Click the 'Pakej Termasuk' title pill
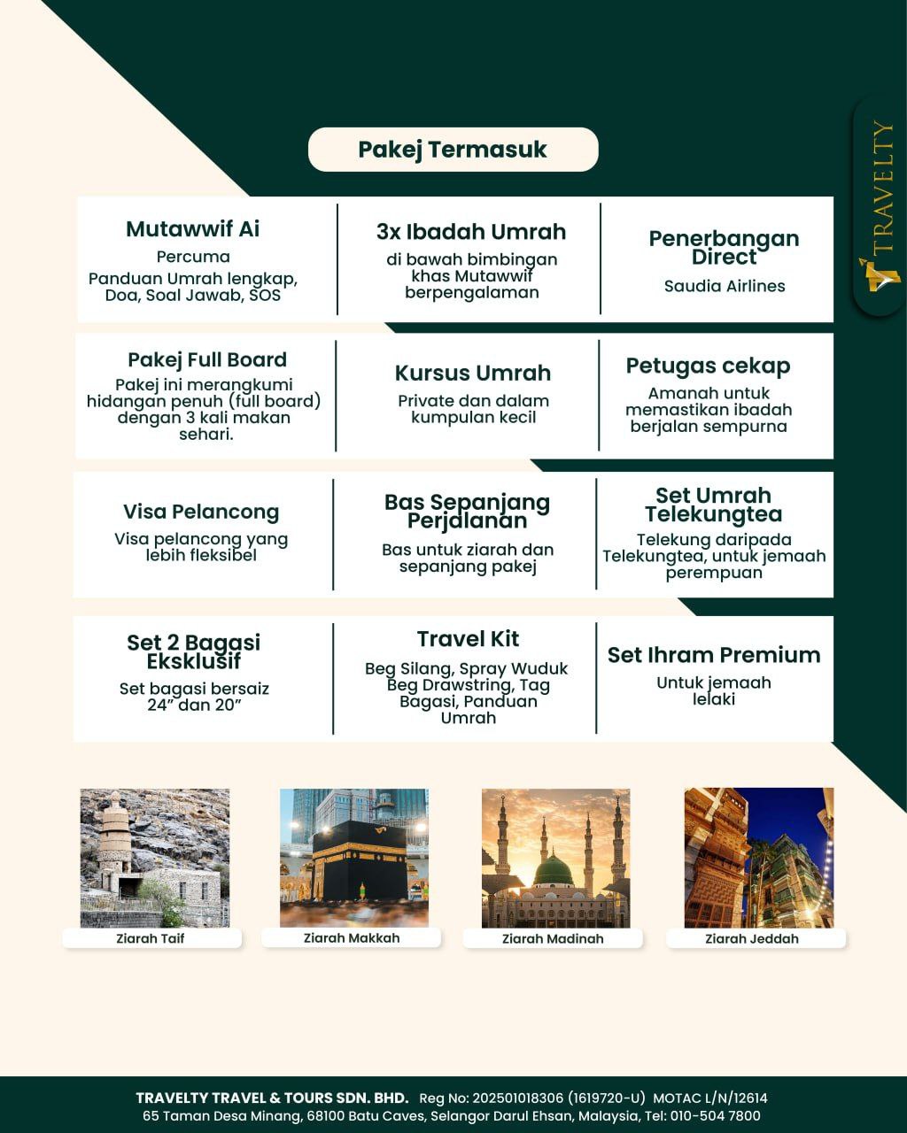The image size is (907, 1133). tap(453, 150)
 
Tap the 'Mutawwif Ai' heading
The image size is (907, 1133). tap(192, 229)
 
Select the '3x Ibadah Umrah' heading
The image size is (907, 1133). tap(470, 232)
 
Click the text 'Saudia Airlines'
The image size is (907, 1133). tap(725, 286)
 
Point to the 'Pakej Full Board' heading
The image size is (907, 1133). tap(207, 359)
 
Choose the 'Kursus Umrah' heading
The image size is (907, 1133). tap(473, 373)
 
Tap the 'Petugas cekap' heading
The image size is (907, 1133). tap(708, 366)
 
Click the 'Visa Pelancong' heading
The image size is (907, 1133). tap(201, 512)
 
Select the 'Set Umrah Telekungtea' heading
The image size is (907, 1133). tap(713, 505)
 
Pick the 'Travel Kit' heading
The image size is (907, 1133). tap(468, 639)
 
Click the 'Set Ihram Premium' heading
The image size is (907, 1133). tap(714, 655)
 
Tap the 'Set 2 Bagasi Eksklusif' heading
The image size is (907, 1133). tap(193, 651)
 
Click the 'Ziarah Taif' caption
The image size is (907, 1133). tap(151, 938)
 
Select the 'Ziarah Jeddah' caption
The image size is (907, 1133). tap(752, 939)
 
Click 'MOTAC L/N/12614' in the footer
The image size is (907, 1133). tap(710, 1098)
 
